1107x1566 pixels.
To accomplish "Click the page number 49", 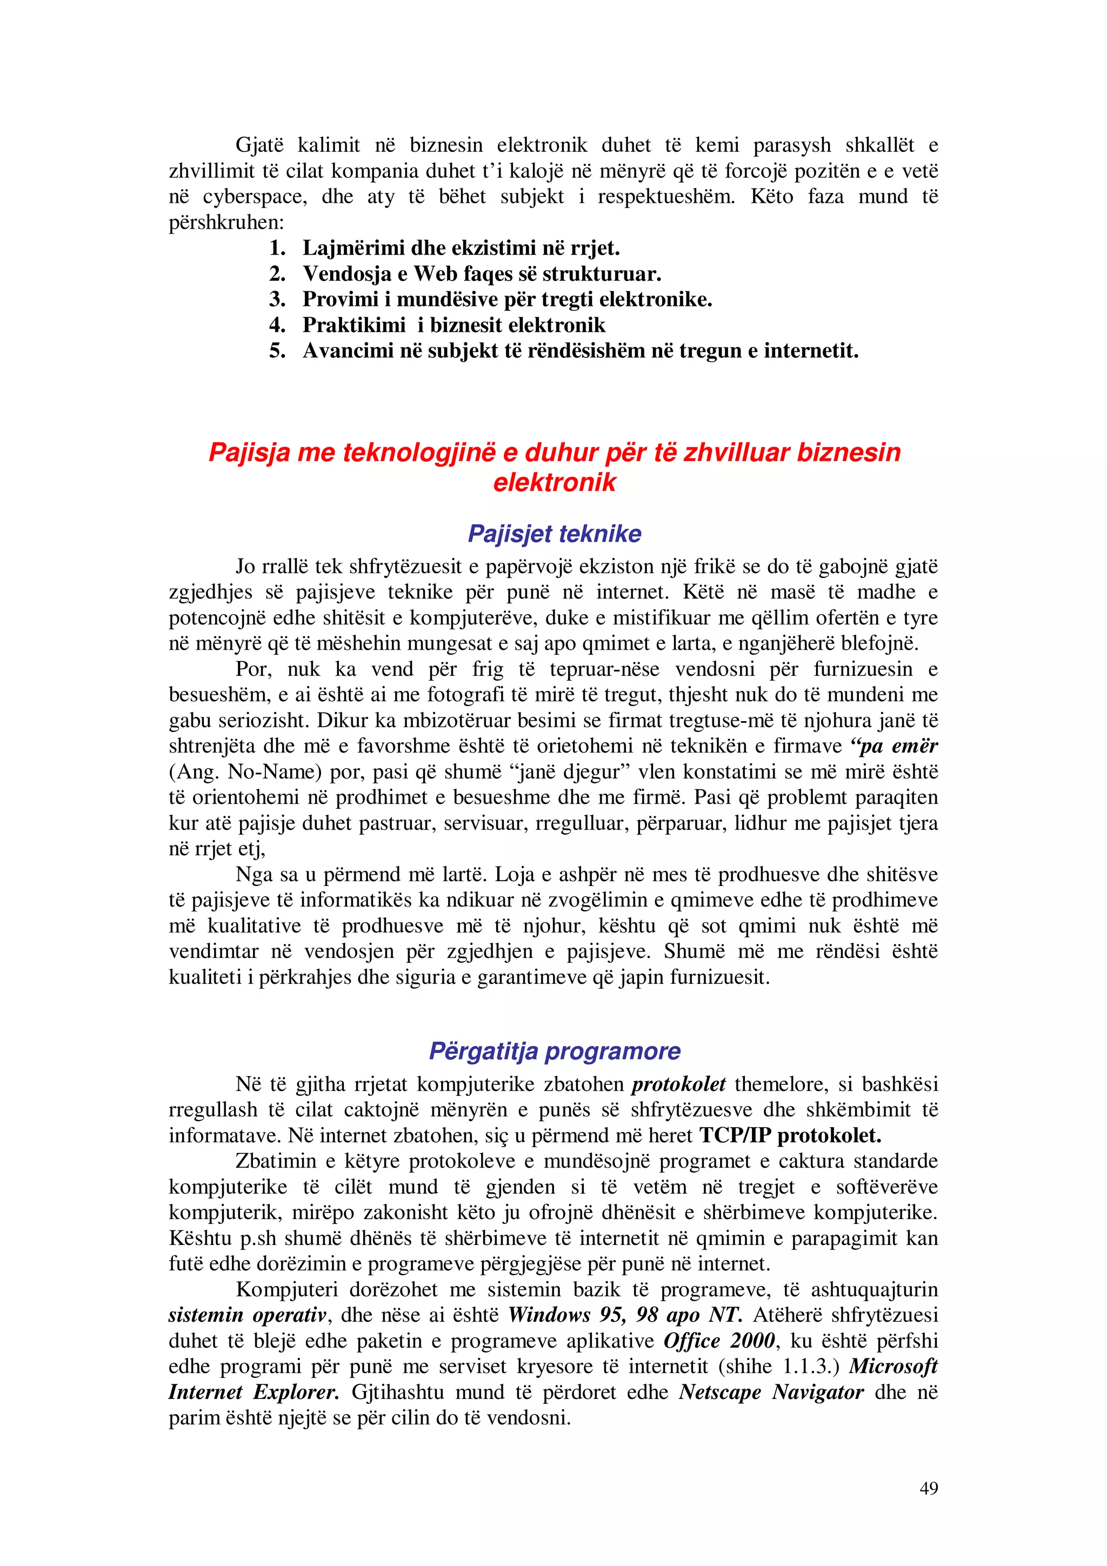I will [x=928, y=1488].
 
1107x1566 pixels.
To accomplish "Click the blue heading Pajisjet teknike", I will [x=554, y=534].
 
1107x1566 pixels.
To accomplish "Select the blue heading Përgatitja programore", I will [x=554, y=1051].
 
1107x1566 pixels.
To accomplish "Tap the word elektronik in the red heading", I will [x=554, y=482].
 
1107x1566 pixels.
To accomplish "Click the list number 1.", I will [x=277, y=248].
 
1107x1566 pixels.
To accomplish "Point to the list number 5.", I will [x=277, y=351].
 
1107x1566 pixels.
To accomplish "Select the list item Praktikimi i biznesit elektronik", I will [x=454, y=325].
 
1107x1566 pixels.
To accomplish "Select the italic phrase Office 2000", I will [x=719, y=1341].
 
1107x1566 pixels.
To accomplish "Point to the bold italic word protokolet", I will [x=678, y=1084].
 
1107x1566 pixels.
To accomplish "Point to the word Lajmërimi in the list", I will [x=352, y=248].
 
